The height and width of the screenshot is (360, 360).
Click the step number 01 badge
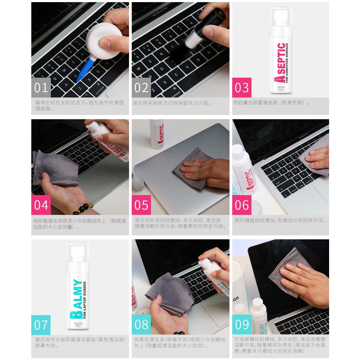(41, 88)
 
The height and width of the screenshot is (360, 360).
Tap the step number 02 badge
(141, 88)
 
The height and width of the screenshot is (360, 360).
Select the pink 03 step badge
(242, 88)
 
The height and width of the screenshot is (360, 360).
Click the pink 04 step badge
(41, 205)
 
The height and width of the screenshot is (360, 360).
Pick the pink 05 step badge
(141, 205)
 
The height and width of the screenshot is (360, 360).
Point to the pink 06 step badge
(242, 205)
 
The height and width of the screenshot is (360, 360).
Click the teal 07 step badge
(41, 325)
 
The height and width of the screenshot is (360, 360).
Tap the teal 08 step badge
(141, 325)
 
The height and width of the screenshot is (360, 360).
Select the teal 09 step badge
(242, 325)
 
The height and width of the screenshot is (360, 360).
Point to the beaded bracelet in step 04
(82, 210)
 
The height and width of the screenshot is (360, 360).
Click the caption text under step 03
(271, 103)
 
